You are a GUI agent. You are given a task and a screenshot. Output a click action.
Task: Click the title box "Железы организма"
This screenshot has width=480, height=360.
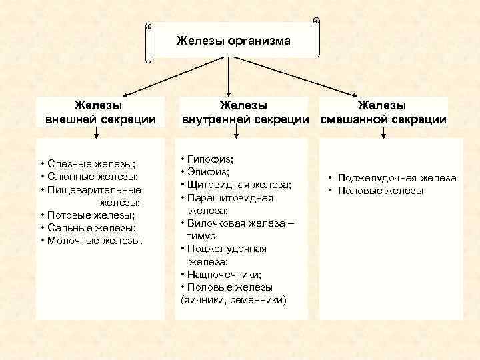pyautogui.click(x=233, y=41)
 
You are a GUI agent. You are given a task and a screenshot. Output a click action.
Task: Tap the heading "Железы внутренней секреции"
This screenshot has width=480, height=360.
pyautogui.click(x=243, y=112)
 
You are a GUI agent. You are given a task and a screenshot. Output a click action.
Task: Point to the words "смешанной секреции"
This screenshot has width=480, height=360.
pyautogui.click(x=383, y=119)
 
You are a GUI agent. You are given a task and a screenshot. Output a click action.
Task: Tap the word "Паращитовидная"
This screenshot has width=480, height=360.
pyautogui.click(x=231, y=197)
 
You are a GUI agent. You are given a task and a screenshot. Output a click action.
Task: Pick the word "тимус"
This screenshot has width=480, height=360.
pyautogui.click(x=201, y=236)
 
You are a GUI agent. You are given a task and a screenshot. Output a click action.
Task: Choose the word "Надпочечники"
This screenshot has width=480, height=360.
pyautogui.click(x=224, y=274)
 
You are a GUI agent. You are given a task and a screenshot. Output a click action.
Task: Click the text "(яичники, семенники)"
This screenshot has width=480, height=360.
pyautogui.click(x=233, y=300)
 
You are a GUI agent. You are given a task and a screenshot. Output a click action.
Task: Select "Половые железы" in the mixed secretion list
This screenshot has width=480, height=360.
pyautogui.click(x=380, y=191)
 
